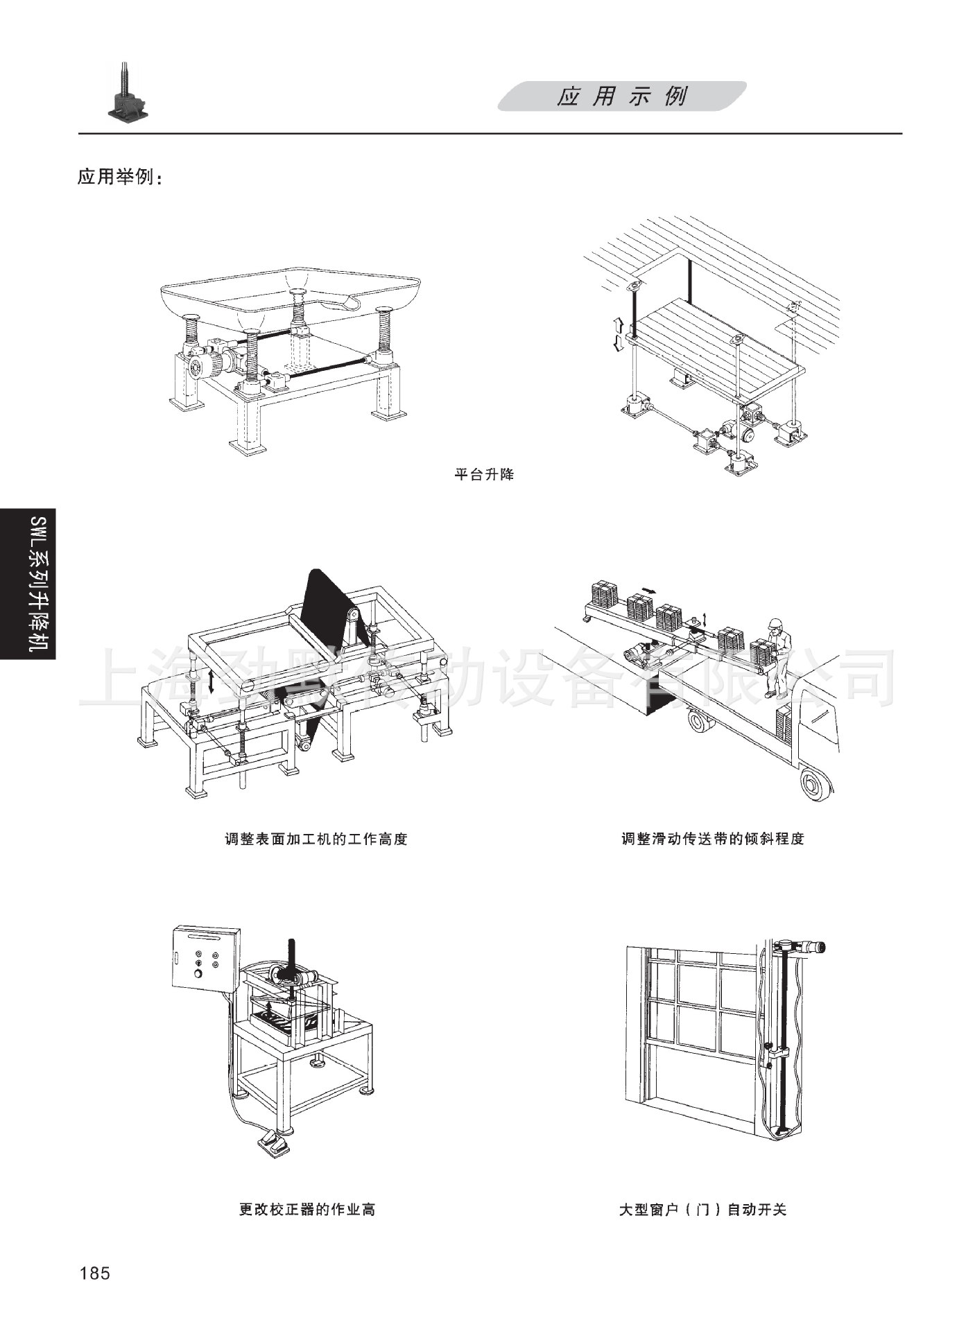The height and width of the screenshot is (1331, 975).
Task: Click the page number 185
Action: tap(95, 1273)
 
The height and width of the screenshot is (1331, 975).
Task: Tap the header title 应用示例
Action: tap(621, 97)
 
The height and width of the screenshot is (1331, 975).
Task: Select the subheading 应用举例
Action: tap(119, 177)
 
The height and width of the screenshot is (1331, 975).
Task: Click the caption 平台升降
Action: tap(484, 476)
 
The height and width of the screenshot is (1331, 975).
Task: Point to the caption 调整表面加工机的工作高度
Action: tap(316, 840)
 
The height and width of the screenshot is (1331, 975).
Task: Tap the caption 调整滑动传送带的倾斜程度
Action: tap(712, 840)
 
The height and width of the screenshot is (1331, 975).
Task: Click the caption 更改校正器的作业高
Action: tap(307, 1210)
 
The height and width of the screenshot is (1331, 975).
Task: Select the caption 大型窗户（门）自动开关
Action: tap(702, 1210)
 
